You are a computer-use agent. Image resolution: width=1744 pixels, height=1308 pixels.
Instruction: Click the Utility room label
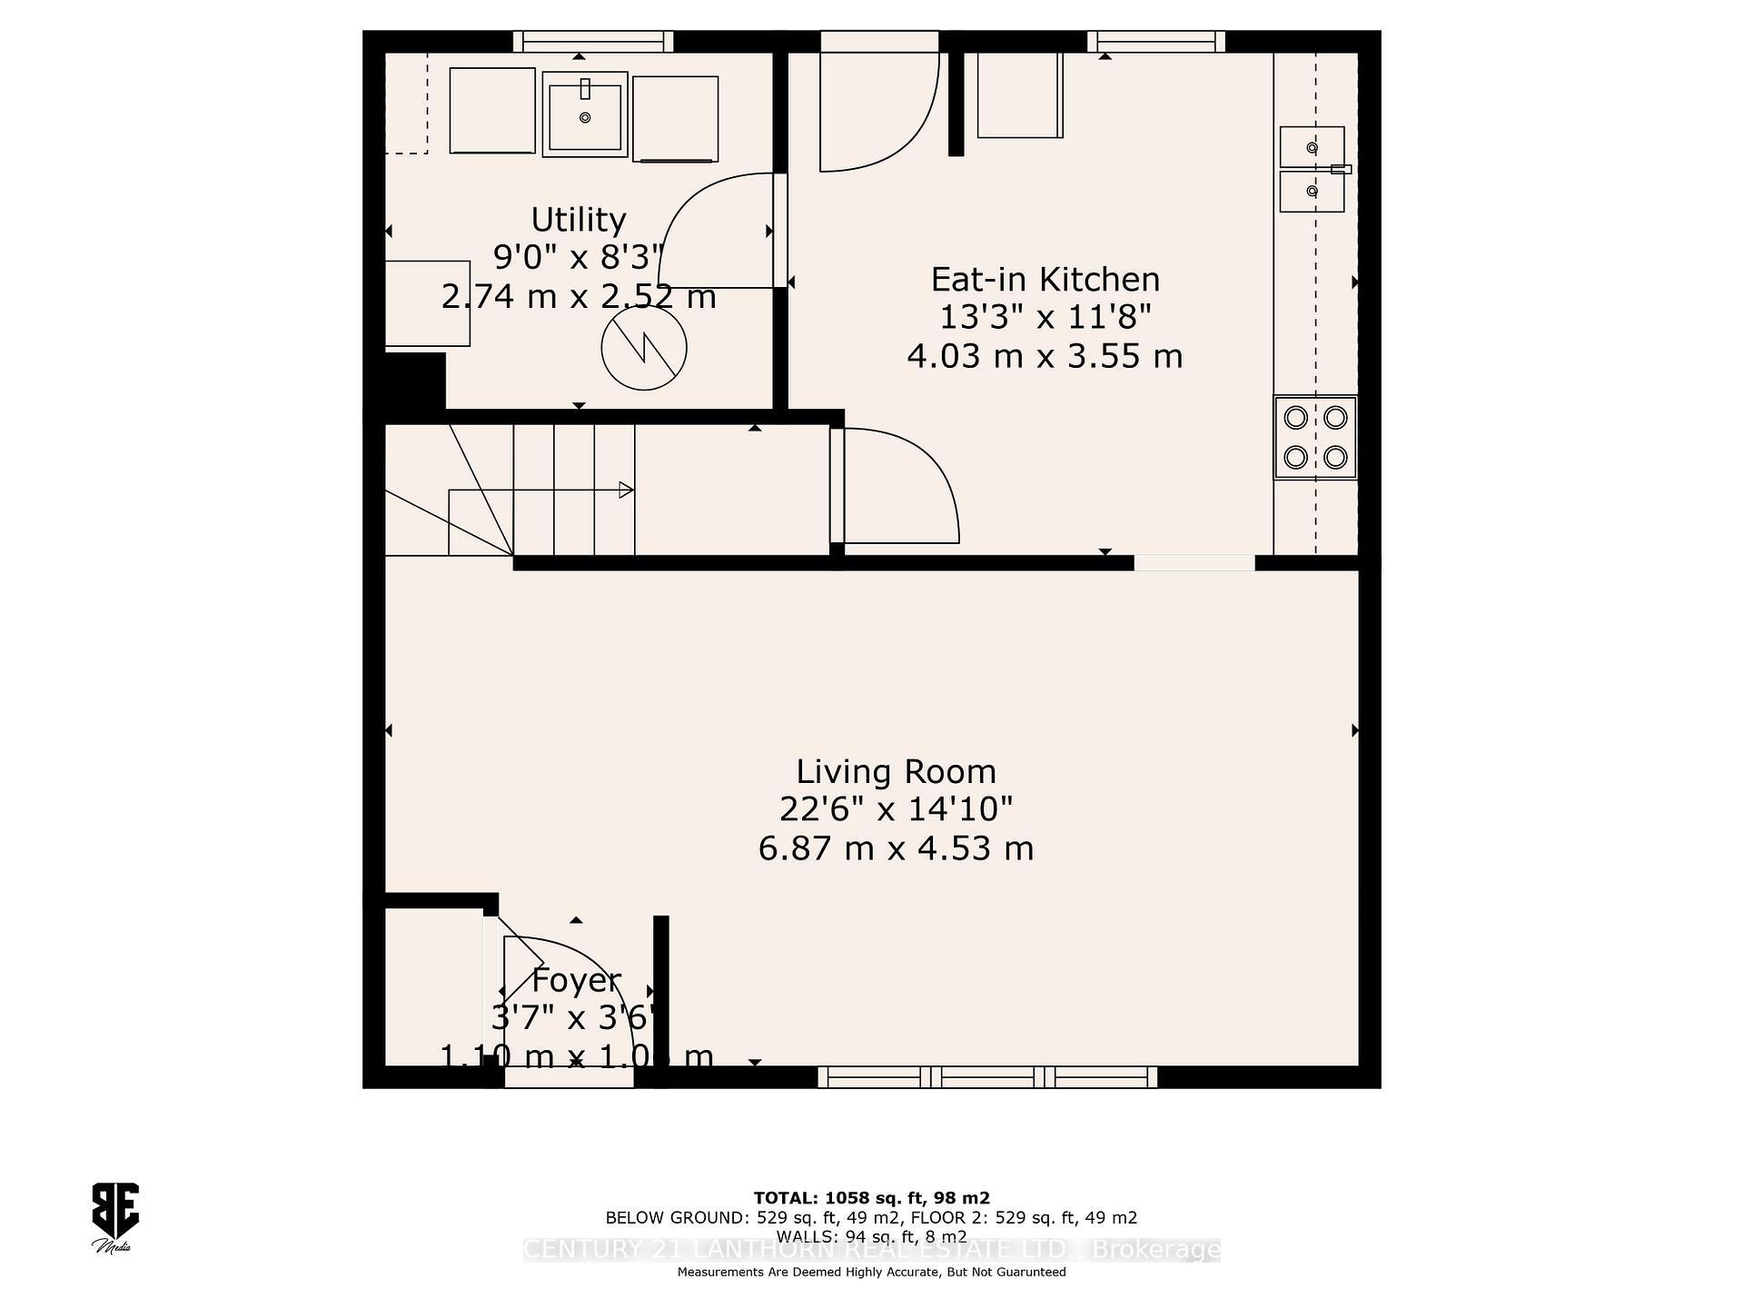(x=579, y=221)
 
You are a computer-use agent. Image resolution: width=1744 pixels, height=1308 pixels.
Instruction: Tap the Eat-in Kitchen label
(x=1045, y=280)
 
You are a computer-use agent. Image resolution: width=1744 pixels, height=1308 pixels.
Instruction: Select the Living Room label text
(x=896, y=772)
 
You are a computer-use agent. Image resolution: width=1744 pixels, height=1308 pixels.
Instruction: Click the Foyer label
(x=576, y=981)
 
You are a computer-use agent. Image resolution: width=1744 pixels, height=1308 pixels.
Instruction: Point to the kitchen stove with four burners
(x=1314, y=438)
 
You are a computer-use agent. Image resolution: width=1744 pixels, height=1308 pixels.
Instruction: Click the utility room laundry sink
(x=585, y=114)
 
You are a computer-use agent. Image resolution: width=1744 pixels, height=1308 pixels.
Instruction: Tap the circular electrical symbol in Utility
(x=644, y=348)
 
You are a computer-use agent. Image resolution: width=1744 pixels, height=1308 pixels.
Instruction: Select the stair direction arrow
(x=625, y=490)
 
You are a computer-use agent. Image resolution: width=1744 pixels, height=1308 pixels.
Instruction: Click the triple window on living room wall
(x=987, y=1078)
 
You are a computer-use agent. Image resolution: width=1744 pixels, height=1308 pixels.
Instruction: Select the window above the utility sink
(x=593, y=41)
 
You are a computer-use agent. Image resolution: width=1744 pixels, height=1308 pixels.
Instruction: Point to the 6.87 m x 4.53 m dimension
(x=896, y=849)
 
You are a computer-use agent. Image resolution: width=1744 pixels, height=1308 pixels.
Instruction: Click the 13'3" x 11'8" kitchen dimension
(x=1045, y=318)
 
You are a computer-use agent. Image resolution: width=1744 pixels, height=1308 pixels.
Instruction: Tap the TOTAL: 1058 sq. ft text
(x=871, y=1198)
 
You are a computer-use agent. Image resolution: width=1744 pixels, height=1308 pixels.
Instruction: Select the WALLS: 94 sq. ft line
(x=871, y=1237)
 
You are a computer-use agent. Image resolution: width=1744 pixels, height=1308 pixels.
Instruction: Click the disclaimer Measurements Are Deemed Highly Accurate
(x=871, y=1273)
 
